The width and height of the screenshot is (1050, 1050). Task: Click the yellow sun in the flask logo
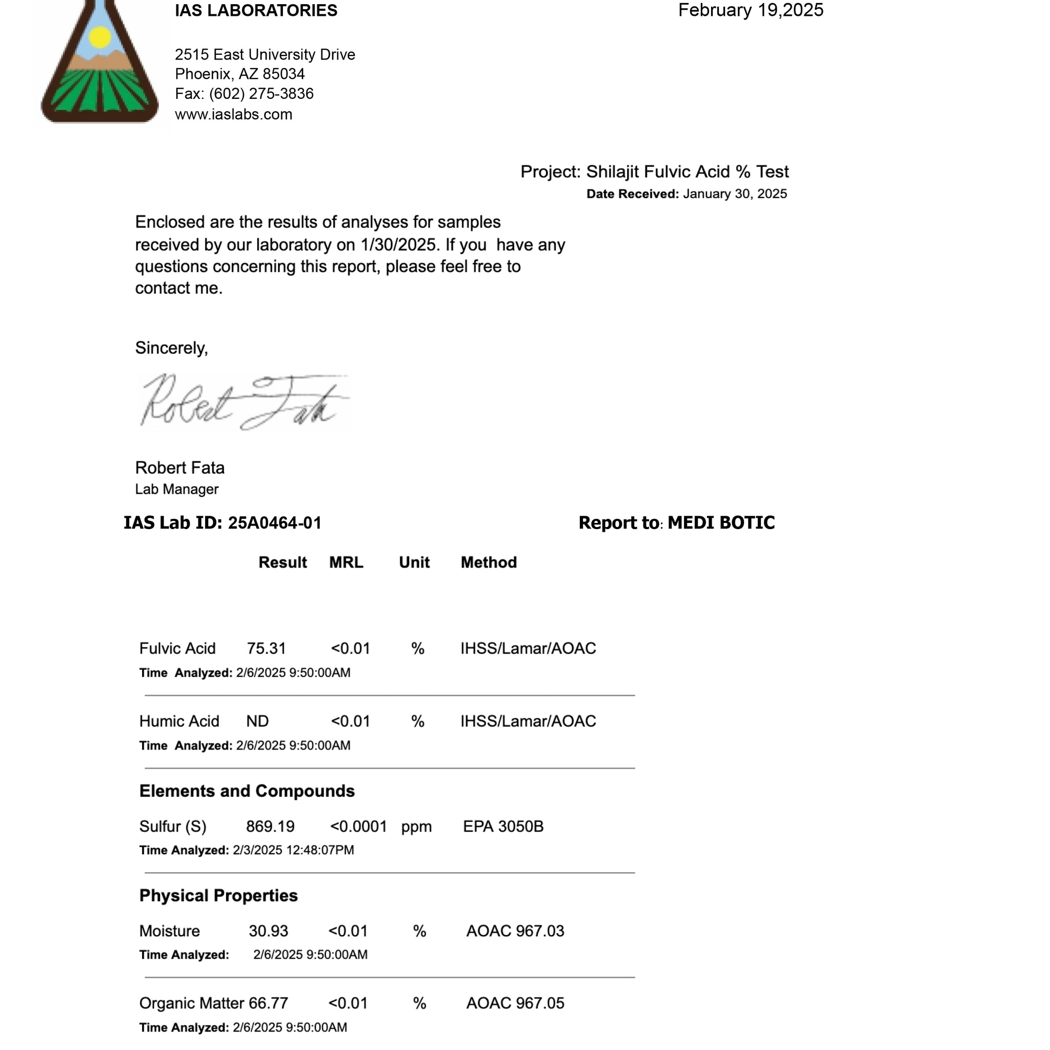(x=100, y=37)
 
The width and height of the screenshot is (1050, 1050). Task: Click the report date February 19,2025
(x=750, y=10)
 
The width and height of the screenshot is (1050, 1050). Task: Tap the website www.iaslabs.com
(x=234, y=115)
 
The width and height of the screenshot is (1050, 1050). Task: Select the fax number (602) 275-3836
(x=261, y=94)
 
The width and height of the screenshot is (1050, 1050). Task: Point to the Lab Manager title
(x=177, y=490)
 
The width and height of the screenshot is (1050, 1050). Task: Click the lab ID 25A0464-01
(x=274, y=523)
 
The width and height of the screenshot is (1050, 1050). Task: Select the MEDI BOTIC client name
(x=721, y=523)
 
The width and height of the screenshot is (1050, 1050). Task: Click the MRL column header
(x=346, y=562)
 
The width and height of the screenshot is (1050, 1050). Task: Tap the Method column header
(x=488, y=562)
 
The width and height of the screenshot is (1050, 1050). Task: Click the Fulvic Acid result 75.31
(x=266, y=649)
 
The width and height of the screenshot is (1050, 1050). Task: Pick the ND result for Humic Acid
(x=257, y=722)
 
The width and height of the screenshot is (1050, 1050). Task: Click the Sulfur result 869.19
(x=270, y=827)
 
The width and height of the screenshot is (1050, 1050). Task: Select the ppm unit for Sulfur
(x=416, y=827)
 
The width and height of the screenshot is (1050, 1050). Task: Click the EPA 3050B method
(x=503, y=827)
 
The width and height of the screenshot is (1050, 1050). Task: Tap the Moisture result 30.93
(x=269, y=932)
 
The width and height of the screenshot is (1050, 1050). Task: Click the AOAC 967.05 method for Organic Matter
(x=515, y=1004)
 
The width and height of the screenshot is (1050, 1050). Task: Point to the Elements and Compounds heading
(x=247, y=791)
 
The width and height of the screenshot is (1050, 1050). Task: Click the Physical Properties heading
(x=218, y=896)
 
